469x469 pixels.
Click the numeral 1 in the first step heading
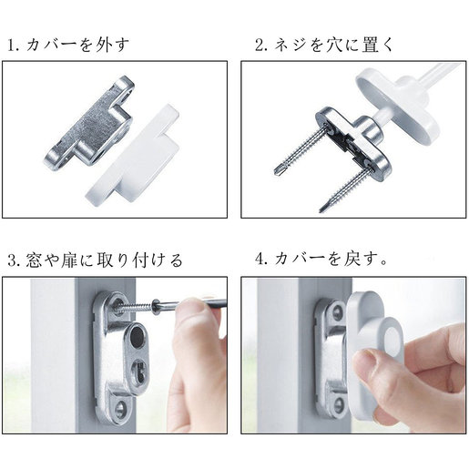(x=12, y=46)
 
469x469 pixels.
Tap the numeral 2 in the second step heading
(x=260, y=46)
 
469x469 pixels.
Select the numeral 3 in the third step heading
(x=12, y=261)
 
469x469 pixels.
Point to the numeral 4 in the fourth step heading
(x=260, y=260)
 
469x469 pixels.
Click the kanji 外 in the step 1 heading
(x=102, y=46)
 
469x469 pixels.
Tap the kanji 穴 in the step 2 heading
(x=334, y=46)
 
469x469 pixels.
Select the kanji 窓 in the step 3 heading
(x=34, y=261)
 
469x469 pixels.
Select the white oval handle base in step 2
(x=398, y=107)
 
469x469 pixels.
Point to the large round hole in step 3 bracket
(x=137, y=336)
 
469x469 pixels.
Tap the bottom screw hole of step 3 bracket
(x=120, y=407)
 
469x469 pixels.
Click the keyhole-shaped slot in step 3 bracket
(x=138, y=370)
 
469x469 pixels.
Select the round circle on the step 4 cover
(x=393, y=342)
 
